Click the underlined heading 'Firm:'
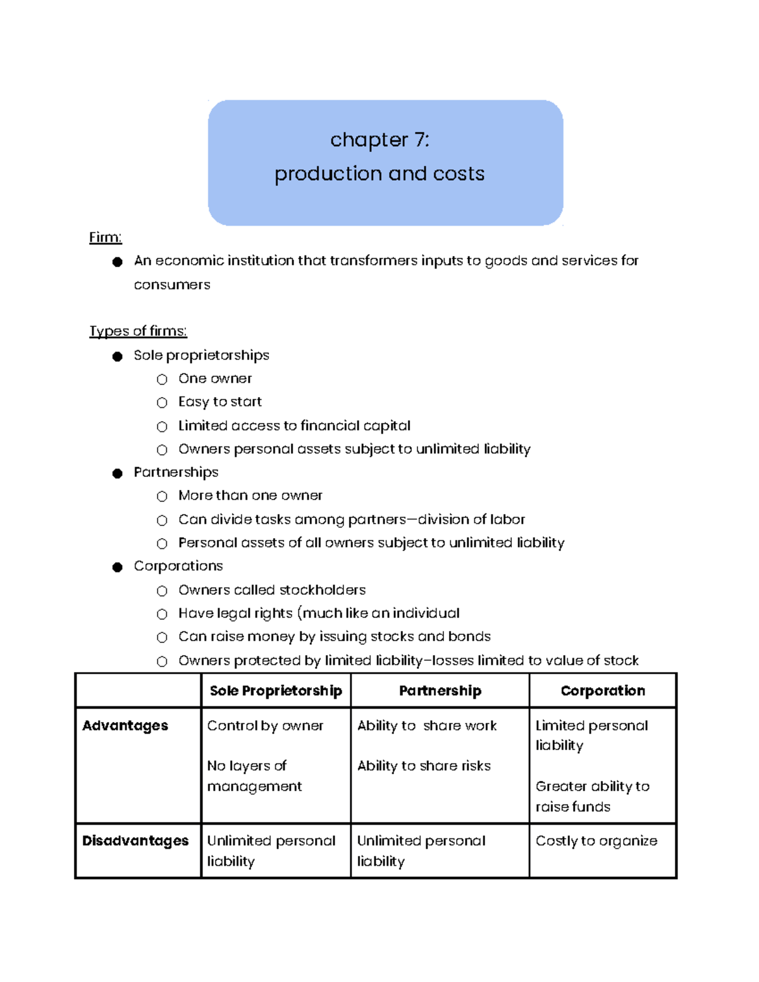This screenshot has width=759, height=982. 105,237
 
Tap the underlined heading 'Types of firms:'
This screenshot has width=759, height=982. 138,331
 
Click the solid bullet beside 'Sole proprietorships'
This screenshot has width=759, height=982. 117,356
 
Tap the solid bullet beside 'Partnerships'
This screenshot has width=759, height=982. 117,473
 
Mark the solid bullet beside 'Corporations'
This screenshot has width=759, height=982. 117,567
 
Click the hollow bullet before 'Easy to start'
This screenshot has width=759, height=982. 162,403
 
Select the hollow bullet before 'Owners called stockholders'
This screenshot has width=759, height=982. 162,591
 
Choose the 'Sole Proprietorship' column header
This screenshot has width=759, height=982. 276,690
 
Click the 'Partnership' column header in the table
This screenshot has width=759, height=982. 440,690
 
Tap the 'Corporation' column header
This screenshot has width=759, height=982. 603,690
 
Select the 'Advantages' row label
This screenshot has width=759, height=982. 125,725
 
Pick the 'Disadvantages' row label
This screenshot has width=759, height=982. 135,840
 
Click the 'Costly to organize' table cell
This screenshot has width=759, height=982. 596,840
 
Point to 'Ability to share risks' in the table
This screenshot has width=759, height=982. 424,766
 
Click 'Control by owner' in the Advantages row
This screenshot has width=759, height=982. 265,725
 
